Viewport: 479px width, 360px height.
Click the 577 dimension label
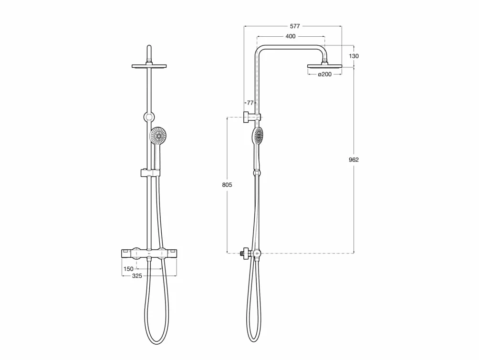(295, 26)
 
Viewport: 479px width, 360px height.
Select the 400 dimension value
(291, 36)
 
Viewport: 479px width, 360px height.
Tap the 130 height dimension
(354, 56)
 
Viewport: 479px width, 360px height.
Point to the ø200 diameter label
(324, 74)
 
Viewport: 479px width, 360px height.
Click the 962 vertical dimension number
(354, 159)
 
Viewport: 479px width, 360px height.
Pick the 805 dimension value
(227, 185)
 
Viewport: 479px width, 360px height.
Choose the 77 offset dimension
(250, 103)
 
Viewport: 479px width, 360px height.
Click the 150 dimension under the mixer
(128, 269)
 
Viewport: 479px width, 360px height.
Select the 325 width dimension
(137, 275)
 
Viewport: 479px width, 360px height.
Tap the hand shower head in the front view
(157, 136)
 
